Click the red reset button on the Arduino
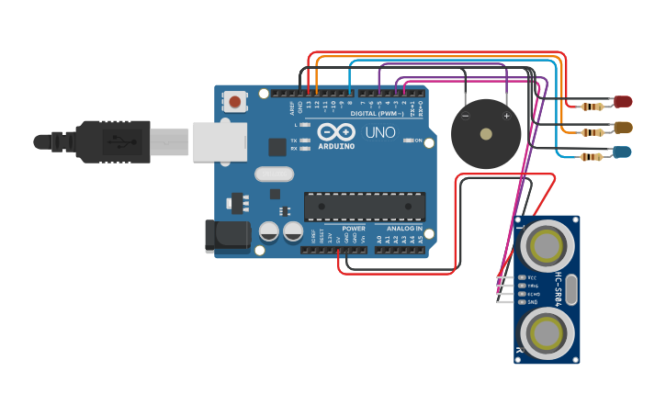(x=236, y=101)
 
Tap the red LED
(x=623, y=101)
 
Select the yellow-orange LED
(x=623, y=127)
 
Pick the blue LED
(x=623, y=152)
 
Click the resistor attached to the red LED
(x=598, y=106)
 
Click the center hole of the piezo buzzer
(x=486, y=134)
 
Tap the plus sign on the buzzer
(x=506, y=117)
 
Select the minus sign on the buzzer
(x=465, y=117)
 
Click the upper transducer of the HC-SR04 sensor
(x=547, y=246)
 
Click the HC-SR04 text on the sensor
(x=558, y=287)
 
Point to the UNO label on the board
(x=380, y=133)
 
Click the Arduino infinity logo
(x=336, y=133)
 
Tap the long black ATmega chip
(x=365, y=207)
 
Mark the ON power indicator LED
(x=408, y=141)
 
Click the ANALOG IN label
(x=405, y=228)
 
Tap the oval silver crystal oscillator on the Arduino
(x=273, y=174)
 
